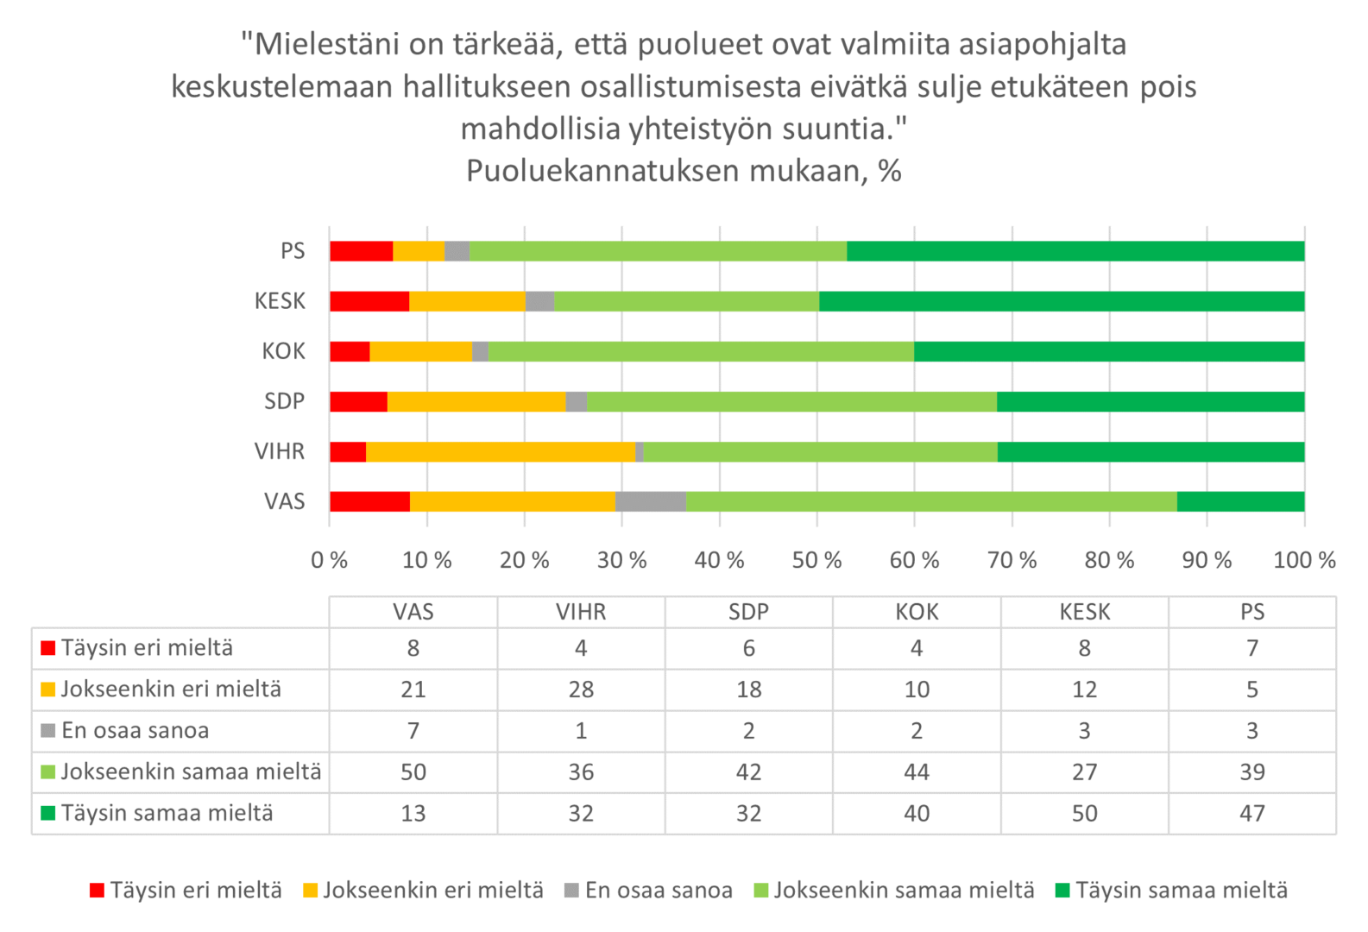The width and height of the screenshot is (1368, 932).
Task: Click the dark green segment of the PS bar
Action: pyautogui.click(x=1075, y=251)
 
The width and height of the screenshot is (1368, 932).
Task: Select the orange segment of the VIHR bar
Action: pyautogui.click(x=501, y=451)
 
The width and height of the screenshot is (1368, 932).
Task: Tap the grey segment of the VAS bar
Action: pyautogui.click(x=651, y=501)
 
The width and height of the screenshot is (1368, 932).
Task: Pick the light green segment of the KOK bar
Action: pyautogui.click(x=701, y=351)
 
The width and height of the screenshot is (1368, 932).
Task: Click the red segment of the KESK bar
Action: pyautogui.click(x=369, y=301)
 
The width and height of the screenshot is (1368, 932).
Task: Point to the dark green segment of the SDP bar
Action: pyautogui.click(x=1151, y=401)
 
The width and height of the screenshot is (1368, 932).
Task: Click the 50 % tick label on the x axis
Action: pyautogui.click(x=816, y=561)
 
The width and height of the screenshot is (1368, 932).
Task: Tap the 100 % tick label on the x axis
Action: pyautogui.click(x=1304, y=561)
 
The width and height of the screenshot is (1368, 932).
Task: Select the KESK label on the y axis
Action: pyautogui.click(x=280, y=301)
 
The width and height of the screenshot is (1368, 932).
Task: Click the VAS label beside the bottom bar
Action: pyautogui.click(x=285, y=501)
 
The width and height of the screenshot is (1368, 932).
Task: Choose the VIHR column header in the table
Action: pyautogui.click(x=581, y=612)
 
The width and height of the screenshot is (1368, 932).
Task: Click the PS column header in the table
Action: pyautogui.click(x=1252, y=612)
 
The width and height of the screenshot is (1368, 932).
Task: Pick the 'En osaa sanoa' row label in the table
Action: pyautogui.click(x=136, y=731)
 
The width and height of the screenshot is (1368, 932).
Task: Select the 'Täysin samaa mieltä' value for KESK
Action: pyautogui.click(x=1085, y=813)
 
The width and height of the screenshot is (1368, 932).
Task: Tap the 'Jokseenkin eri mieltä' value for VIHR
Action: pyautogui.click(x=581, y=690)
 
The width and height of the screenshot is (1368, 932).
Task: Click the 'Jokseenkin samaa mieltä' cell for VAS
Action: pyautogui.click(x=413, y=771)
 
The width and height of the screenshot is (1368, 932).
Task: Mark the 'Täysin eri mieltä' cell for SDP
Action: pyautogui.click(x=748, y=648)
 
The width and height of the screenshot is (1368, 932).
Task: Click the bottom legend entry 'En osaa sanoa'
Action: pyautogui.click(x=659, y=891)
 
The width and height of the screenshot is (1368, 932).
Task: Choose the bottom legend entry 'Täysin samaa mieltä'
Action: pyautogui.click(x=1181, y=891)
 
